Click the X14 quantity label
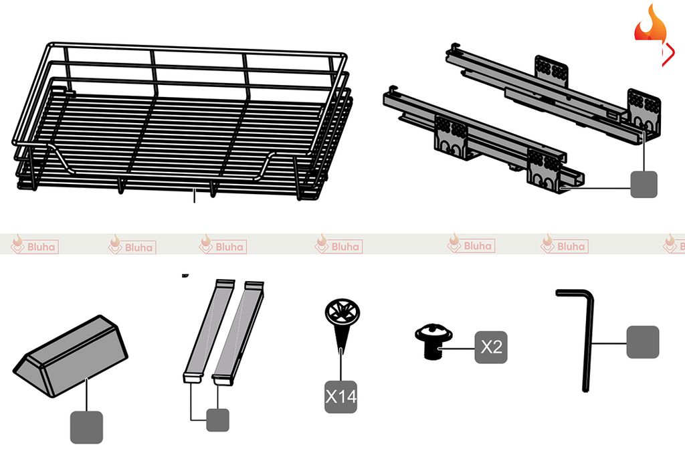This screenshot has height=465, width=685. pyautogui.click(x=340, y=397)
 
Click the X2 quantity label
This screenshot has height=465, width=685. pyautogui.click(x=491, y=347)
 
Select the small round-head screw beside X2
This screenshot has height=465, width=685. pyautogui.click(x=433, y=341)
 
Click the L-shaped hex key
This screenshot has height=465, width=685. pyautogui.click(x=587, y=341)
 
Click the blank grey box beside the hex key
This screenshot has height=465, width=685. pyautogui.click(x=643, y=342)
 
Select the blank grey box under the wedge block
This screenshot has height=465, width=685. pyautogui.click(x=86, y=427)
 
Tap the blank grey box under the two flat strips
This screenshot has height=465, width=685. pyautogui.click(x=217, y=420)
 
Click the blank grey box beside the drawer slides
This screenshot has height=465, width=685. pyautogui.click(x=644, y=185)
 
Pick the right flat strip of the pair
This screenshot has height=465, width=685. pyautogui.click(x=239, y=333)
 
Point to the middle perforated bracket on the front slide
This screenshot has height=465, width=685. pyautogui.click(x=452, y=136)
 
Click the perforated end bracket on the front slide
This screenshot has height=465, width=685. pyautogui.click(x=545, y=171)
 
